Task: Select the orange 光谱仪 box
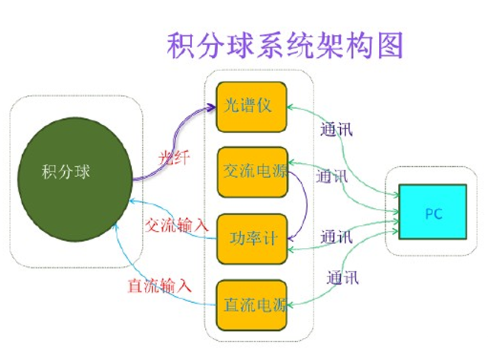[x=251, y=105]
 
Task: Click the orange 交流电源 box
[x=252, y=170]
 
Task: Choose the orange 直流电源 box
[x=252, y=304]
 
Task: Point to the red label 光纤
[x=174, y=158]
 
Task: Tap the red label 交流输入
[x=176, y=226]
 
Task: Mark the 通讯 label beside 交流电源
[x=332, y=177]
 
